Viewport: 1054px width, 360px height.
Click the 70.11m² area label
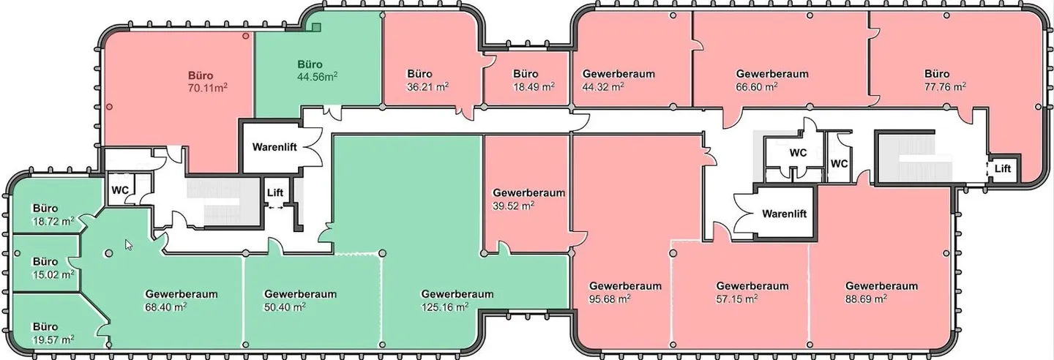coord(208,87)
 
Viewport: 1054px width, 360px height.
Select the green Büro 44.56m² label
coord(317,70)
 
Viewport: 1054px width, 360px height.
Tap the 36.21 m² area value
coord(427,87)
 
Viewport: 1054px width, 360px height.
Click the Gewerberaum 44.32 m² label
coord(618,80)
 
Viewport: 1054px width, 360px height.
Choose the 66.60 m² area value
coord(757,87)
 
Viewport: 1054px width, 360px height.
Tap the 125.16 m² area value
coord(445,307)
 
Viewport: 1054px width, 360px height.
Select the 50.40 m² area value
coord(285,307)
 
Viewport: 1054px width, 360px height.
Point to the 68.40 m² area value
coord(166,307)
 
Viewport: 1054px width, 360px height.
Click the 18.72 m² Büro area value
coord(53,222)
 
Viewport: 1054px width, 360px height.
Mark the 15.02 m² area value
coord(53,275)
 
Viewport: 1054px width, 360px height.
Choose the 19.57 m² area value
coord(53,340)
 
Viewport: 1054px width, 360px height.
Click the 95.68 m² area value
coord(610,299)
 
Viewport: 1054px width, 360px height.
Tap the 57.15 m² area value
coord(737,299)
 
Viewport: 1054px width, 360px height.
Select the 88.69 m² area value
coord(867,299)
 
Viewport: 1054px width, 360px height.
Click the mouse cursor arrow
coord(129,244)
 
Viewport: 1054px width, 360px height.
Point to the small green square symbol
coord(316,27)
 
